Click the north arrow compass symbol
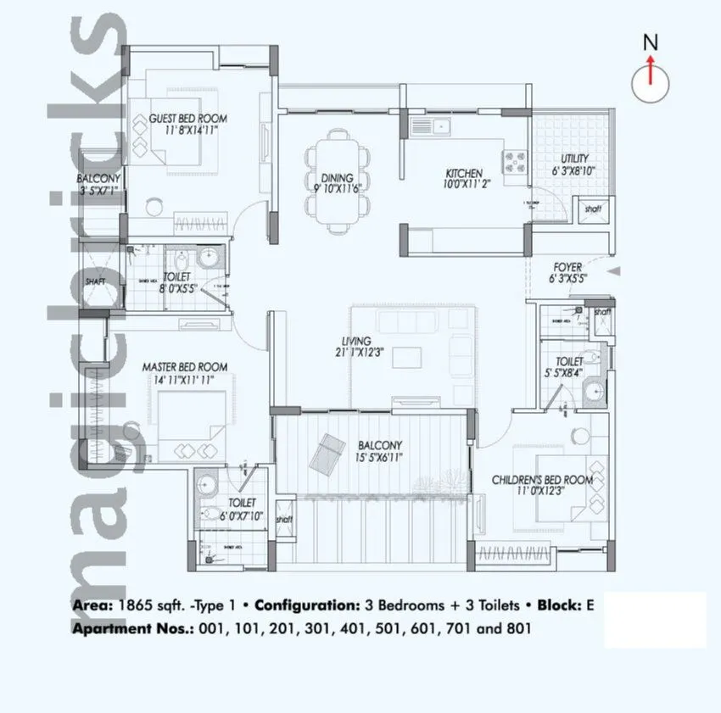(651, 78)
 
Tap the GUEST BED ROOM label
(187, 119)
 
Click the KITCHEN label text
(464, 173)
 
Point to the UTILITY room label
(574, 159)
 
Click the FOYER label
(567, 267)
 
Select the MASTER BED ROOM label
(184, 366)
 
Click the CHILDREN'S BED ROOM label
(542, 480)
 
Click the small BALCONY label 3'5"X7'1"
(99, 179)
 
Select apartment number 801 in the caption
(518, 629)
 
